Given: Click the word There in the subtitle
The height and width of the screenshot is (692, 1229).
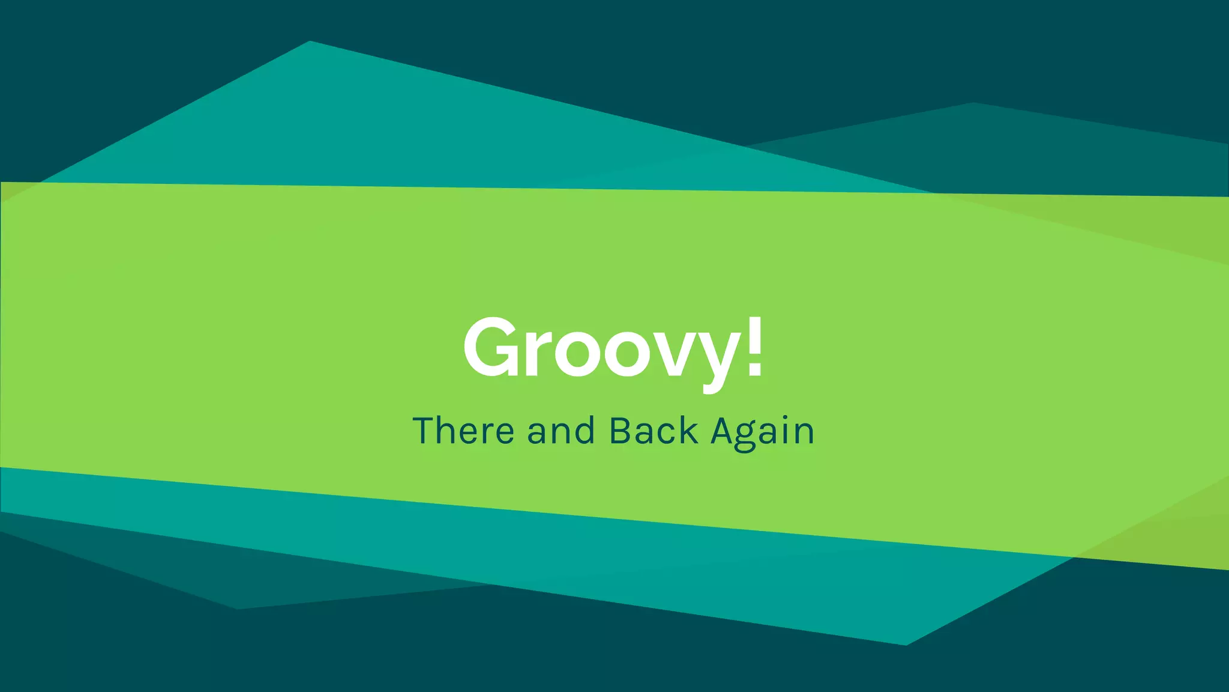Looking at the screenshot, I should (x=463, y=431).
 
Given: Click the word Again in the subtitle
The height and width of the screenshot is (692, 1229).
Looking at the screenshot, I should (x=762, y=432).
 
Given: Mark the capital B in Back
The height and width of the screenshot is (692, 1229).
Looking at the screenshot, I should (x=621, y=431).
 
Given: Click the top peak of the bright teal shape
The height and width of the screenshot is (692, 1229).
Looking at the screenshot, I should (x=310, y=42).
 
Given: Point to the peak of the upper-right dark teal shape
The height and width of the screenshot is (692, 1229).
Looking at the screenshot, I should (x=973, y=104).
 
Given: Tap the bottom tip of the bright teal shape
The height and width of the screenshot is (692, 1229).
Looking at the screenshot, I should (x=906, y=645).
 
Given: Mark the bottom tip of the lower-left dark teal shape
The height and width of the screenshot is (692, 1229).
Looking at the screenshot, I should (x=238, y=609).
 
